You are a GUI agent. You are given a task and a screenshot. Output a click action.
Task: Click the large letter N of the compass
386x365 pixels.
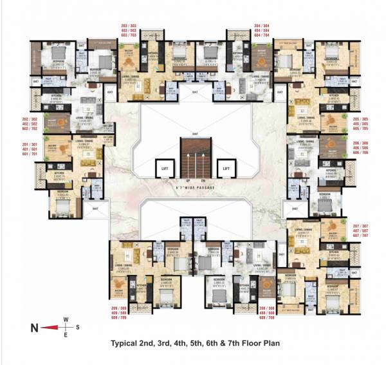click(34, 328)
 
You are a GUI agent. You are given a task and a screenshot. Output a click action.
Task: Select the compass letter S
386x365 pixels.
click(77, 328)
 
